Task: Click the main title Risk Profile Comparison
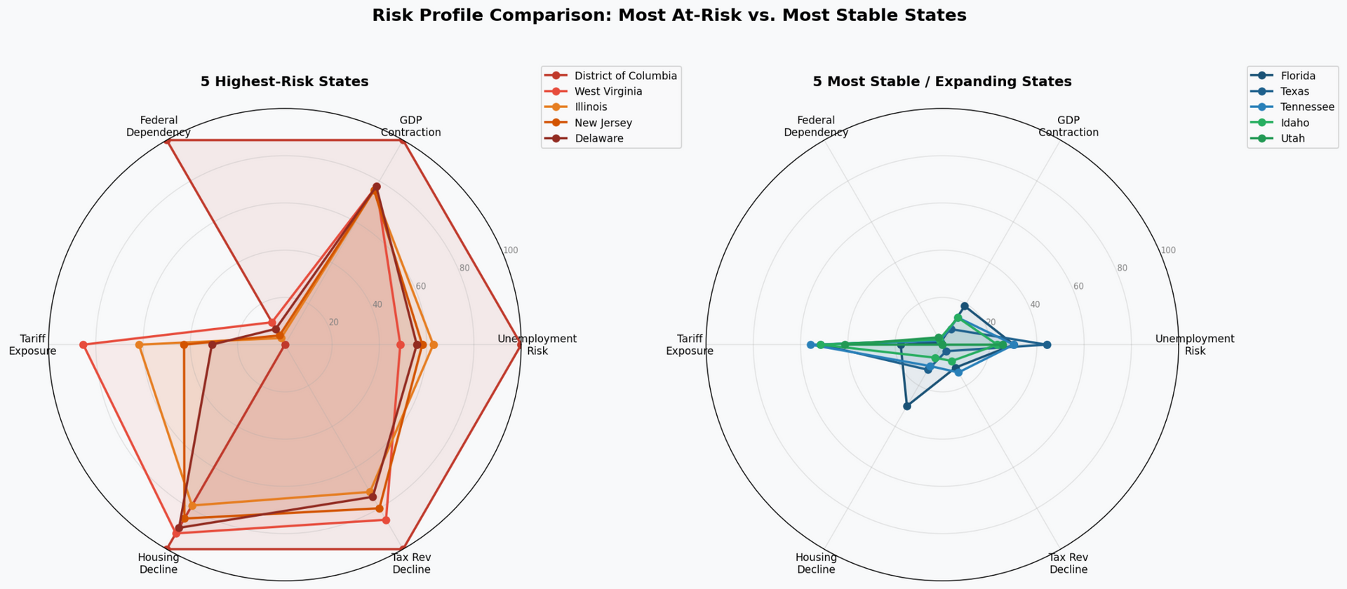tap(669, 15)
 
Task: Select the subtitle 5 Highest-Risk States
tap(284, 81)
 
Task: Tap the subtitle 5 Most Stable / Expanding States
tap(941, 81)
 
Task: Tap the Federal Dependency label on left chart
tap(159, 126)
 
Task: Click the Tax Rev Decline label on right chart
tap(1068, 563)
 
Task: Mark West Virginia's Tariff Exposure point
tap(83, 345)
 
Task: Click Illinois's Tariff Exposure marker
tap(139, 345)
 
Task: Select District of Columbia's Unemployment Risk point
tap(520, 345)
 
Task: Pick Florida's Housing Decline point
tap(906, 406)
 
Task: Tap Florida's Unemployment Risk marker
tap(1047, 345)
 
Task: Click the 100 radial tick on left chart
tap(511, 250)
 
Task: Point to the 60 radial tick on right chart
tap(1078, 286)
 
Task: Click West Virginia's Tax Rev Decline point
tap(386, 520)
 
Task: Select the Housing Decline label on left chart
tap(159, 563)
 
